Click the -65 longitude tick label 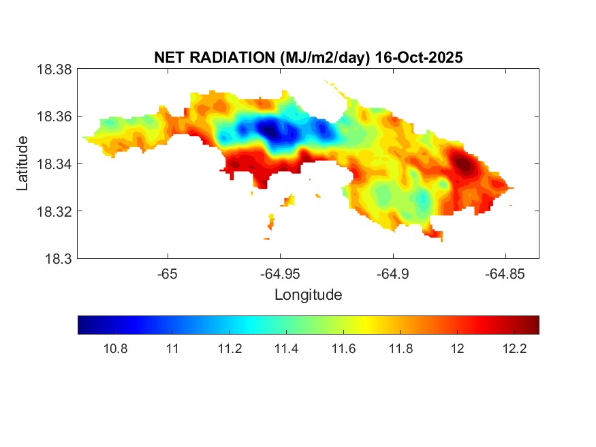pos(168,274)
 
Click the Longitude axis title pos(308,295)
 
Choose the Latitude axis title pos(22,164)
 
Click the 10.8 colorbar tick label pos(114,349)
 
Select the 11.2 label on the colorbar pos(229,349)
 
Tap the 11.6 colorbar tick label pos(343,349)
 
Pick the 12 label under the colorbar pos(458,349)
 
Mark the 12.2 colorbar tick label pos(514,349)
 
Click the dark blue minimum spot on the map pos(270,129)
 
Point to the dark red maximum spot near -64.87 pos(464,164)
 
